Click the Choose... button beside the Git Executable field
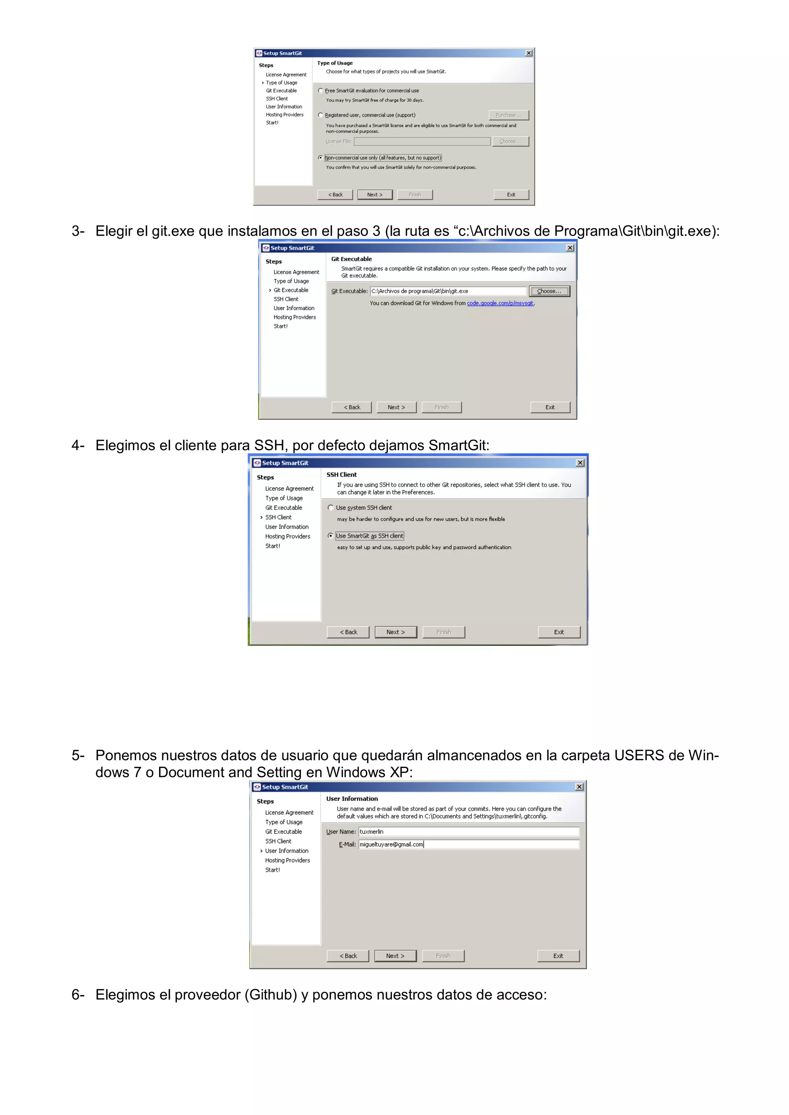(549, 292)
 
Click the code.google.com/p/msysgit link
(500, 303)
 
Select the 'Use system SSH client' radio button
(331, 508)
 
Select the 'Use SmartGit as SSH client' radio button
(331, 536)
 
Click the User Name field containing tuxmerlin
(468, 832)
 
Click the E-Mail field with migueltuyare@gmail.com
(468, 845)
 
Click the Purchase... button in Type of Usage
(508, 115)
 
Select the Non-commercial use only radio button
(321, 158)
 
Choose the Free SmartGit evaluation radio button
(321, 91)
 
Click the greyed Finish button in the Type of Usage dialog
(415, 195)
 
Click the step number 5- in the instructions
(78, 755)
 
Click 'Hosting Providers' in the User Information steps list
(287, 860)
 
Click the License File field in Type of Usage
(422, 141)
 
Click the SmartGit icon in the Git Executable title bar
(266, 248)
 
